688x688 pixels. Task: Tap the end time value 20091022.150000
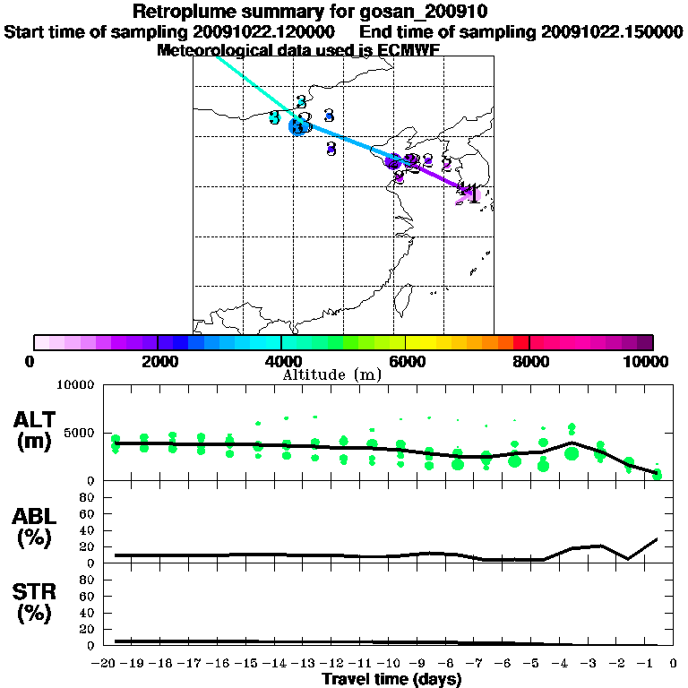pos(612,31)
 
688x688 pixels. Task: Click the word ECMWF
pos(408,49)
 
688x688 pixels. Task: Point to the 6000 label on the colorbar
pos(406,361)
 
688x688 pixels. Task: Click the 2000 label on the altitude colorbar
pos(158,361)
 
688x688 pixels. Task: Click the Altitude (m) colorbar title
pos(331,374)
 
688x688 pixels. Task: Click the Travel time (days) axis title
pos(391,679)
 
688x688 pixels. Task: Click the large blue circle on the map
pos(297,126)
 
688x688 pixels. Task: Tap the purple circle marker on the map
pos(392,161)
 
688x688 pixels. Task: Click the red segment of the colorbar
pos(520,342)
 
